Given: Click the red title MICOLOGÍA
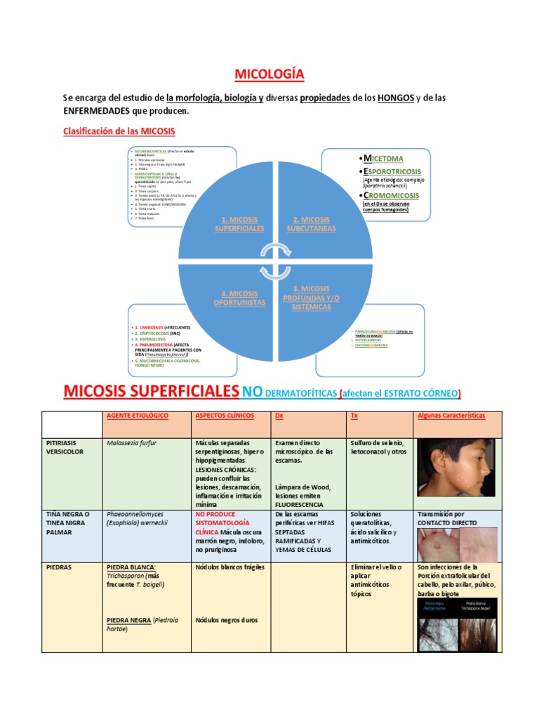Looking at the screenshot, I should pos(269,74).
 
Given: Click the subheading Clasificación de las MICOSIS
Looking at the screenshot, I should pos(119,131).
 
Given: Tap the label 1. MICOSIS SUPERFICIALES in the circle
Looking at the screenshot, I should pos(239,224).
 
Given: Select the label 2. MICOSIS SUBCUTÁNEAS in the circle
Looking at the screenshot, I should pos(311,224).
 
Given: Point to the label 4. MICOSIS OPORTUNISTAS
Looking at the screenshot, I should pos(239,298).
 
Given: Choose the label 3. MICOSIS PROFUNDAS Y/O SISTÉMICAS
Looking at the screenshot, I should pos(311,298).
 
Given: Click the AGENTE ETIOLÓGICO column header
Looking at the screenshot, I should pos(138,416).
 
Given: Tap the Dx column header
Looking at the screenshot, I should pos(279,416).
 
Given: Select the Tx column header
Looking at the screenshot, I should pos(354,416).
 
